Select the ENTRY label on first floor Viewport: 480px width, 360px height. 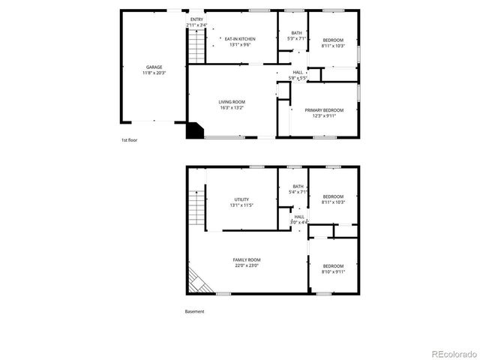(x=196, y=19)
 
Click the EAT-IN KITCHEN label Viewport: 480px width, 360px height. (x=240, y=39)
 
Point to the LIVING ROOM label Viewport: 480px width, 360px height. (x=232, y=102)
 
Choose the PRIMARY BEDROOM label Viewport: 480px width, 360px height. (x=324, y=110)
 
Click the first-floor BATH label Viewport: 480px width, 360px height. (x=296, y=33)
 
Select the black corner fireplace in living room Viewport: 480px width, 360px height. (x=195, y=130)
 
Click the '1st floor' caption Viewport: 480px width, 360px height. (x=130, y=140)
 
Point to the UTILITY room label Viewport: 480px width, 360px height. (x=240, y=199)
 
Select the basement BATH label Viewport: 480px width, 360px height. (x=298, y=187)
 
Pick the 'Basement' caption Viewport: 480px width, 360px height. (x=195, y=311)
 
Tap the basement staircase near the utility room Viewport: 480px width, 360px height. (x=196, y=205)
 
